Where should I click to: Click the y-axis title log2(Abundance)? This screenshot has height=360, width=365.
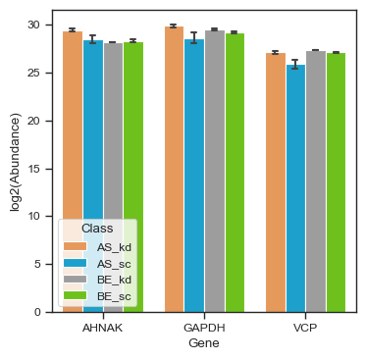click(x=16, y=161)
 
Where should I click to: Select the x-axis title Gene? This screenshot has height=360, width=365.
click(x=204, y=343)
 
